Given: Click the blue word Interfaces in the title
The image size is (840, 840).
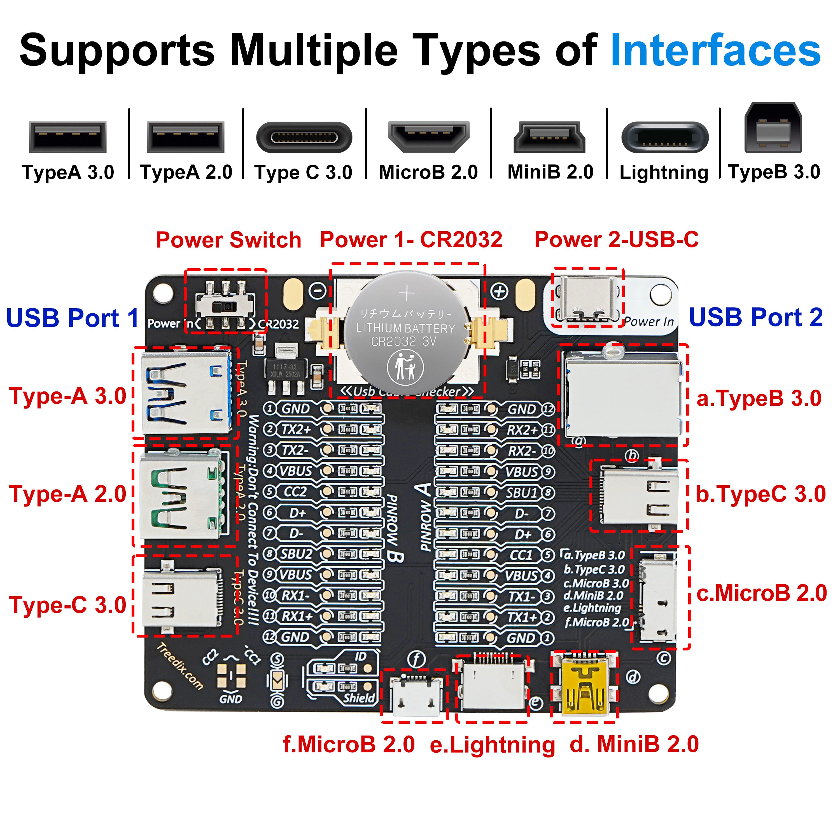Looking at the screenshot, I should coord(715,51).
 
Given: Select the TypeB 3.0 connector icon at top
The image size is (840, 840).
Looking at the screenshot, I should coord(773,128).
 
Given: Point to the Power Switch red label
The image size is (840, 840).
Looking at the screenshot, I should coord(228,240).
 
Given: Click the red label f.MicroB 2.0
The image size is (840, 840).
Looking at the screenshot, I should coord(349,744).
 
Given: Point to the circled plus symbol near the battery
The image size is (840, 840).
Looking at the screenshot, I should coord(499,291).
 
